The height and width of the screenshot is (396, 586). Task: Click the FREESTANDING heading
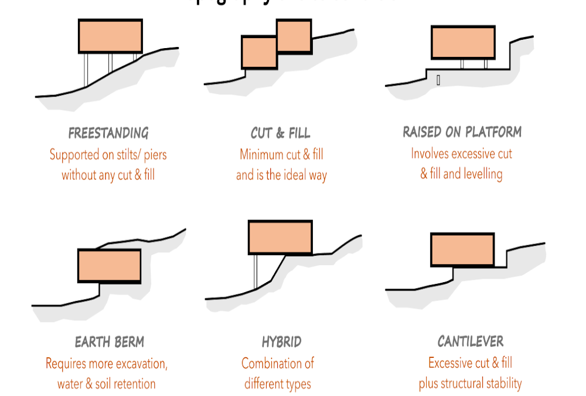[108, 133]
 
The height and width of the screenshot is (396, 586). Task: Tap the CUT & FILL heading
[281, 133]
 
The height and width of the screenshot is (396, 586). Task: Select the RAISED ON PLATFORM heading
[462, 132]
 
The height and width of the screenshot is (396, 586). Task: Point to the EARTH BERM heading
[110, 341]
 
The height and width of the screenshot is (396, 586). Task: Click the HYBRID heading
[281, 341]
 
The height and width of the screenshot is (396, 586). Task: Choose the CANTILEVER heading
[470, 341]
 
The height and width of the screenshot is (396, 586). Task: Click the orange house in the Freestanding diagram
[110, 36]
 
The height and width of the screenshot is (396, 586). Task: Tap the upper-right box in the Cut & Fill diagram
[293, 36]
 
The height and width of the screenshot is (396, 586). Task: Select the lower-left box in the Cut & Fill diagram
[259, 52]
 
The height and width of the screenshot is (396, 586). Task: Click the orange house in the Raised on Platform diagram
[463, 42]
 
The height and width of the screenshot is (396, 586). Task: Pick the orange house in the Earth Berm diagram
[110, 266]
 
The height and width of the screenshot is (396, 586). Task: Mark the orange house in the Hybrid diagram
[280, 237]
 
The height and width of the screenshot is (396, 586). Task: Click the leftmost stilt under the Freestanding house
[86, 70]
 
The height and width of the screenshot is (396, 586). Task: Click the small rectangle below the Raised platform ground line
[438, 80]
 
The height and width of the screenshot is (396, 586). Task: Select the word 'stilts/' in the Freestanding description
[128, 155]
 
